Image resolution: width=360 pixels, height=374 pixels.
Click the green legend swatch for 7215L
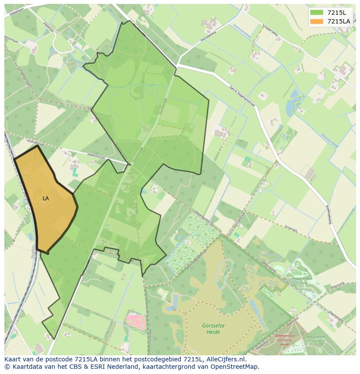(x=317, y=12)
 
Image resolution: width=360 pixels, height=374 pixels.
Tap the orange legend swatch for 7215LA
(x=317, y=21)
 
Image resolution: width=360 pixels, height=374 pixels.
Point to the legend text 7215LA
(x=338, y=21)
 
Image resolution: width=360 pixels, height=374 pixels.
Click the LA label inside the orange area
(x=46, y=199)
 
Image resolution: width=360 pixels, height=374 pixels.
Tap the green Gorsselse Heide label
(x=210, y=329)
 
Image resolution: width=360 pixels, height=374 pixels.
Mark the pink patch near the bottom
(x=136, y=322)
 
